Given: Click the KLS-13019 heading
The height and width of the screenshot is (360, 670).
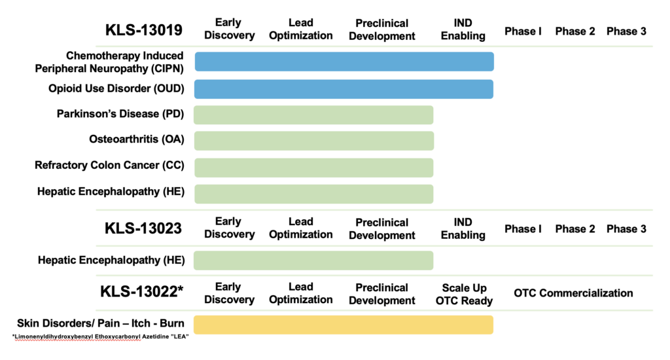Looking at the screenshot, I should click(x=143, y=30).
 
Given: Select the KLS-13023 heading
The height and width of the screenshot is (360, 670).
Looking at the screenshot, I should click(x=143, y=228).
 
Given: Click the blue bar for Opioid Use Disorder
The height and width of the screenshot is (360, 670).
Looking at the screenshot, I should click(x=344, y=88).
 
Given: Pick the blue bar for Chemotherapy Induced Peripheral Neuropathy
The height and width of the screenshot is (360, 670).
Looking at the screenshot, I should click(x=344, y=62).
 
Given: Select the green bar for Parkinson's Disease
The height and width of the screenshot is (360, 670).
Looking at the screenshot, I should click(x=313, y=115).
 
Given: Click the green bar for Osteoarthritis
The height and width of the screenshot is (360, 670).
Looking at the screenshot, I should click(x=313, y=140).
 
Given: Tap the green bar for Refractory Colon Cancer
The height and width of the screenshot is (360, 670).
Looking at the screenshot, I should click(x=313, y=167).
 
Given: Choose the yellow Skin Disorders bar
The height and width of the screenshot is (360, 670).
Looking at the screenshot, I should click(x=344, y=325).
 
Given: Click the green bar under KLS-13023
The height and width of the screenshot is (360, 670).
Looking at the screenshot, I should click(x=313, y=260).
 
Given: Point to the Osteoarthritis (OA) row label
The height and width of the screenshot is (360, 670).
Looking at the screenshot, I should click(x=137, y=139).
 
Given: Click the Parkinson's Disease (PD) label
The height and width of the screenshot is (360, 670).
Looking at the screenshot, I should click(x=120, y=114).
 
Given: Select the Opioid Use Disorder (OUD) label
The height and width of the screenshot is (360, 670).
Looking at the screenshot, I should click(x=116, y=88).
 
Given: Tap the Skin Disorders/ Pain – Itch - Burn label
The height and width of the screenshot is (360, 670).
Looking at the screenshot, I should click(x=101, y=323).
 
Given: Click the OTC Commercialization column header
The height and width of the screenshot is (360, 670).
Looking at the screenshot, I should click(x=573, y=293).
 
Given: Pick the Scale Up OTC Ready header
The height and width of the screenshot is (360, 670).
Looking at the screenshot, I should click(x=464, y=294).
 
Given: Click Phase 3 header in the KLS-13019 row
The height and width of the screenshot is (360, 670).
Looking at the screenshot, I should click(x=626, y=31).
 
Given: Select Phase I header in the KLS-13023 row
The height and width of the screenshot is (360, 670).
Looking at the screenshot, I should click(x=523, y=228).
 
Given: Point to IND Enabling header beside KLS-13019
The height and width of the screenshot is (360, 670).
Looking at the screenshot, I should click(x=463, y=29).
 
